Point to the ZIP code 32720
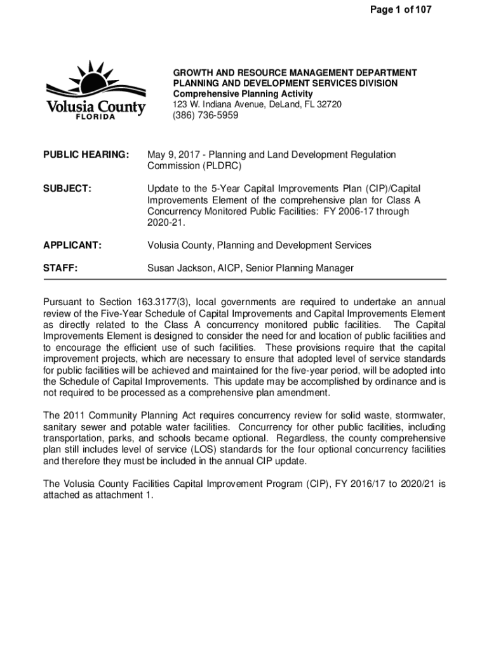[x=330, y=104]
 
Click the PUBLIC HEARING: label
[x=86, y=155]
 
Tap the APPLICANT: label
[x=72, y=245]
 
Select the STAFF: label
[x=60, y=268]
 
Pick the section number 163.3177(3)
[x=164, y=301]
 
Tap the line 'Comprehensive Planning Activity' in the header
[x=243, y=94]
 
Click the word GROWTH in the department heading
[x=194, y=73]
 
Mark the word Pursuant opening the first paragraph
[x=66, y=301]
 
